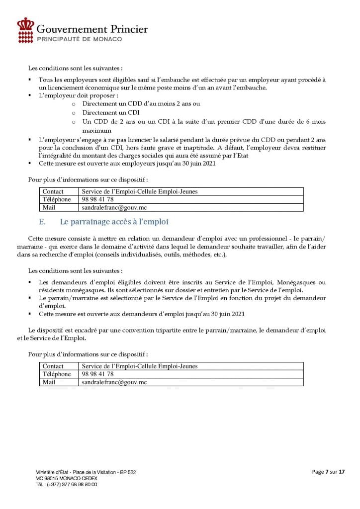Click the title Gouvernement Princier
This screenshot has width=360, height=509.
(92, 29)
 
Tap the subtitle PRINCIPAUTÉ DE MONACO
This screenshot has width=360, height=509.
(80, 39)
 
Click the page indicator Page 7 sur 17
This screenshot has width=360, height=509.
(328, 471)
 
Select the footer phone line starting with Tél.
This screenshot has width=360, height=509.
(66, 484)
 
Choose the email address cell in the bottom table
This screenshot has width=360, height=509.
(114, 382)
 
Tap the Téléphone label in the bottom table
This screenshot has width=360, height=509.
(57, 374)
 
